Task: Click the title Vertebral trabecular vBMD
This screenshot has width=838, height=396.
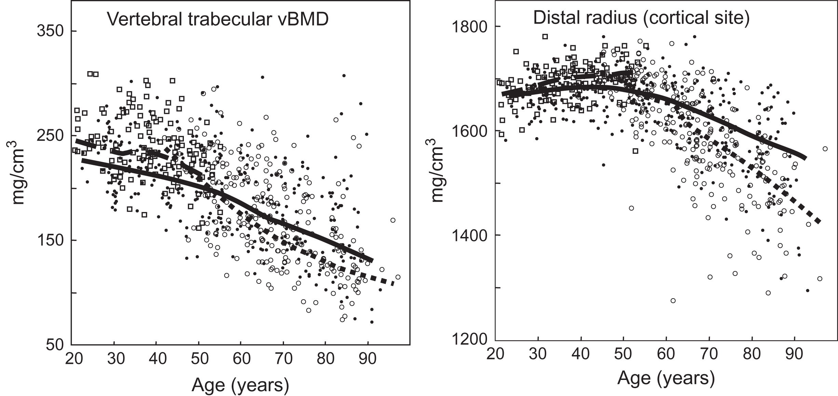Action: [x=218, y=19]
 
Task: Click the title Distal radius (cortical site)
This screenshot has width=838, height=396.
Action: [x=641, y=17]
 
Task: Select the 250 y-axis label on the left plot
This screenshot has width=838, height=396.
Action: [x=50, y=136]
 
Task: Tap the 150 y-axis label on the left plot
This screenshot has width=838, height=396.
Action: [x=50, y=240]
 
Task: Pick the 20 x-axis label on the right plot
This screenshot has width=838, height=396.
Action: [x=496, y=354]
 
